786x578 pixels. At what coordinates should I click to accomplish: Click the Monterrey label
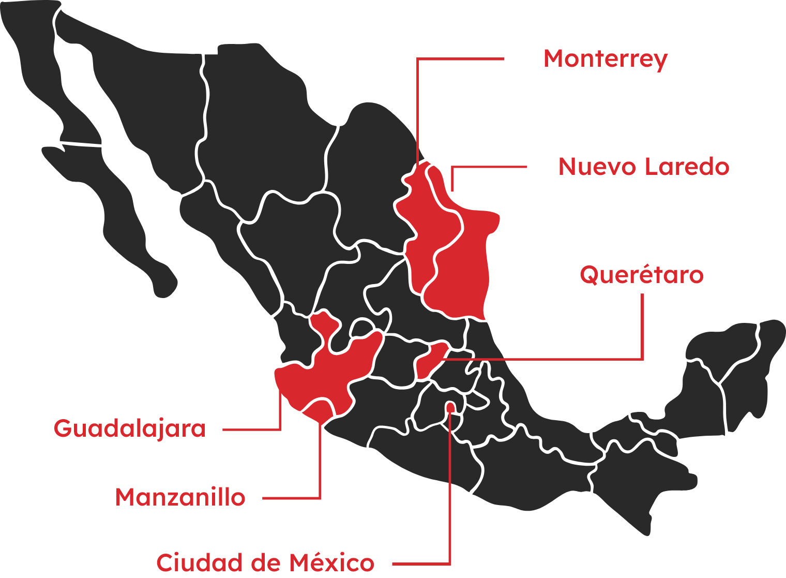pyautogui.click(x=605, y=60)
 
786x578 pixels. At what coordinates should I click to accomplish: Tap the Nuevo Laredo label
pyautogui.click(x=643, y=167)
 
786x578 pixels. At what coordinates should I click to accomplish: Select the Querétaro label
pyautogui.click(x=641, y=275)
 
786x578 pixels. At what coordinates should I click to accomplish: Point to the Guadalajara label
pyautogui.click(x=130, y=429)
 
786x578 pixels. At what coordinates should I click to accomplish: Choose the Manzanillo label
pyautogui.click(x=180, y=498)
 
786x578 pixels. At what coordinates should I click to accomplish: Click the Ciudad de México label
pyautogui.click(x=265, y=563)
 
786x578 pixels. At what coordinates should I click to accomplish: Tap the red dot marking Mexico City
pyautogui.click(x=451, y=407)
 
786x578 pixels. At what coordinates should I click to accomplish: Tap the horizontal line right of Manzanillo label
pyautogui.click(x=292, y=498)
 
